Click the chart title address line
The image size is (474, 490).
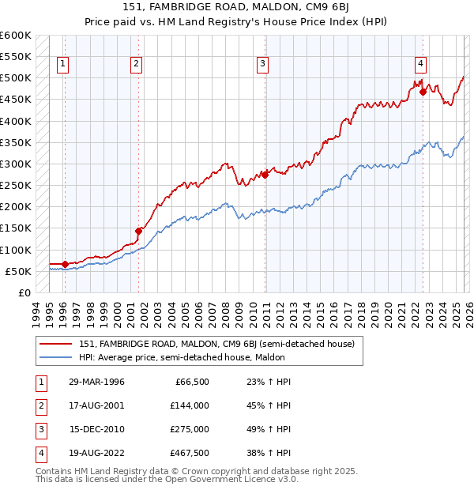coord(236,7)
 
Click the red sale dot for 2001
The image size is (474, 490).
coord(138,231)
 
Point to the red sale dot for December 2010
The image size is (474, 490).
coord(265,175)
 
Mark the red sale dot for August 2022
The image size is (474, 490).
coord(423,92)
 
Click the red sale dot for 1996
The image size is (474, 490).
coord(65,264)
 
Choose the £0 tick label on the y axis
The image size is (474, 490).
coord(23,292)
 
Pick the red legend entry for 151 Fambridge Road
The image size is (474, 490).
coord(217,344)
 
